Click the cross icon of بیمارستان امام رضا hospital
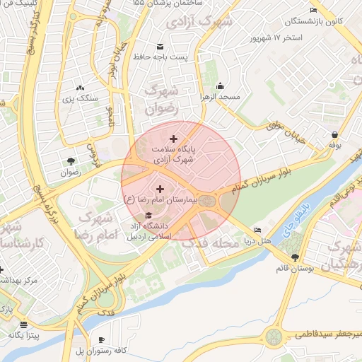click(160, 189)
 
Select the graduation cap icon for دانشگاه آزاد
click(148, 215)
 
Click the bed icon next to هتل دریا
click(257, 230)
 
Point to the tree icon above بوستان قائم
click(295, 257)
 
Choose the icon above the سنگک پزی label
click(78, 88)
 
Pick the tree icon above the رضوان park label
click(70, 160)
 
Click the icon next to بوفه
click(334, 134)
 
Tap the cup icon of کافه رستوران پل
click(102, 340)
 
